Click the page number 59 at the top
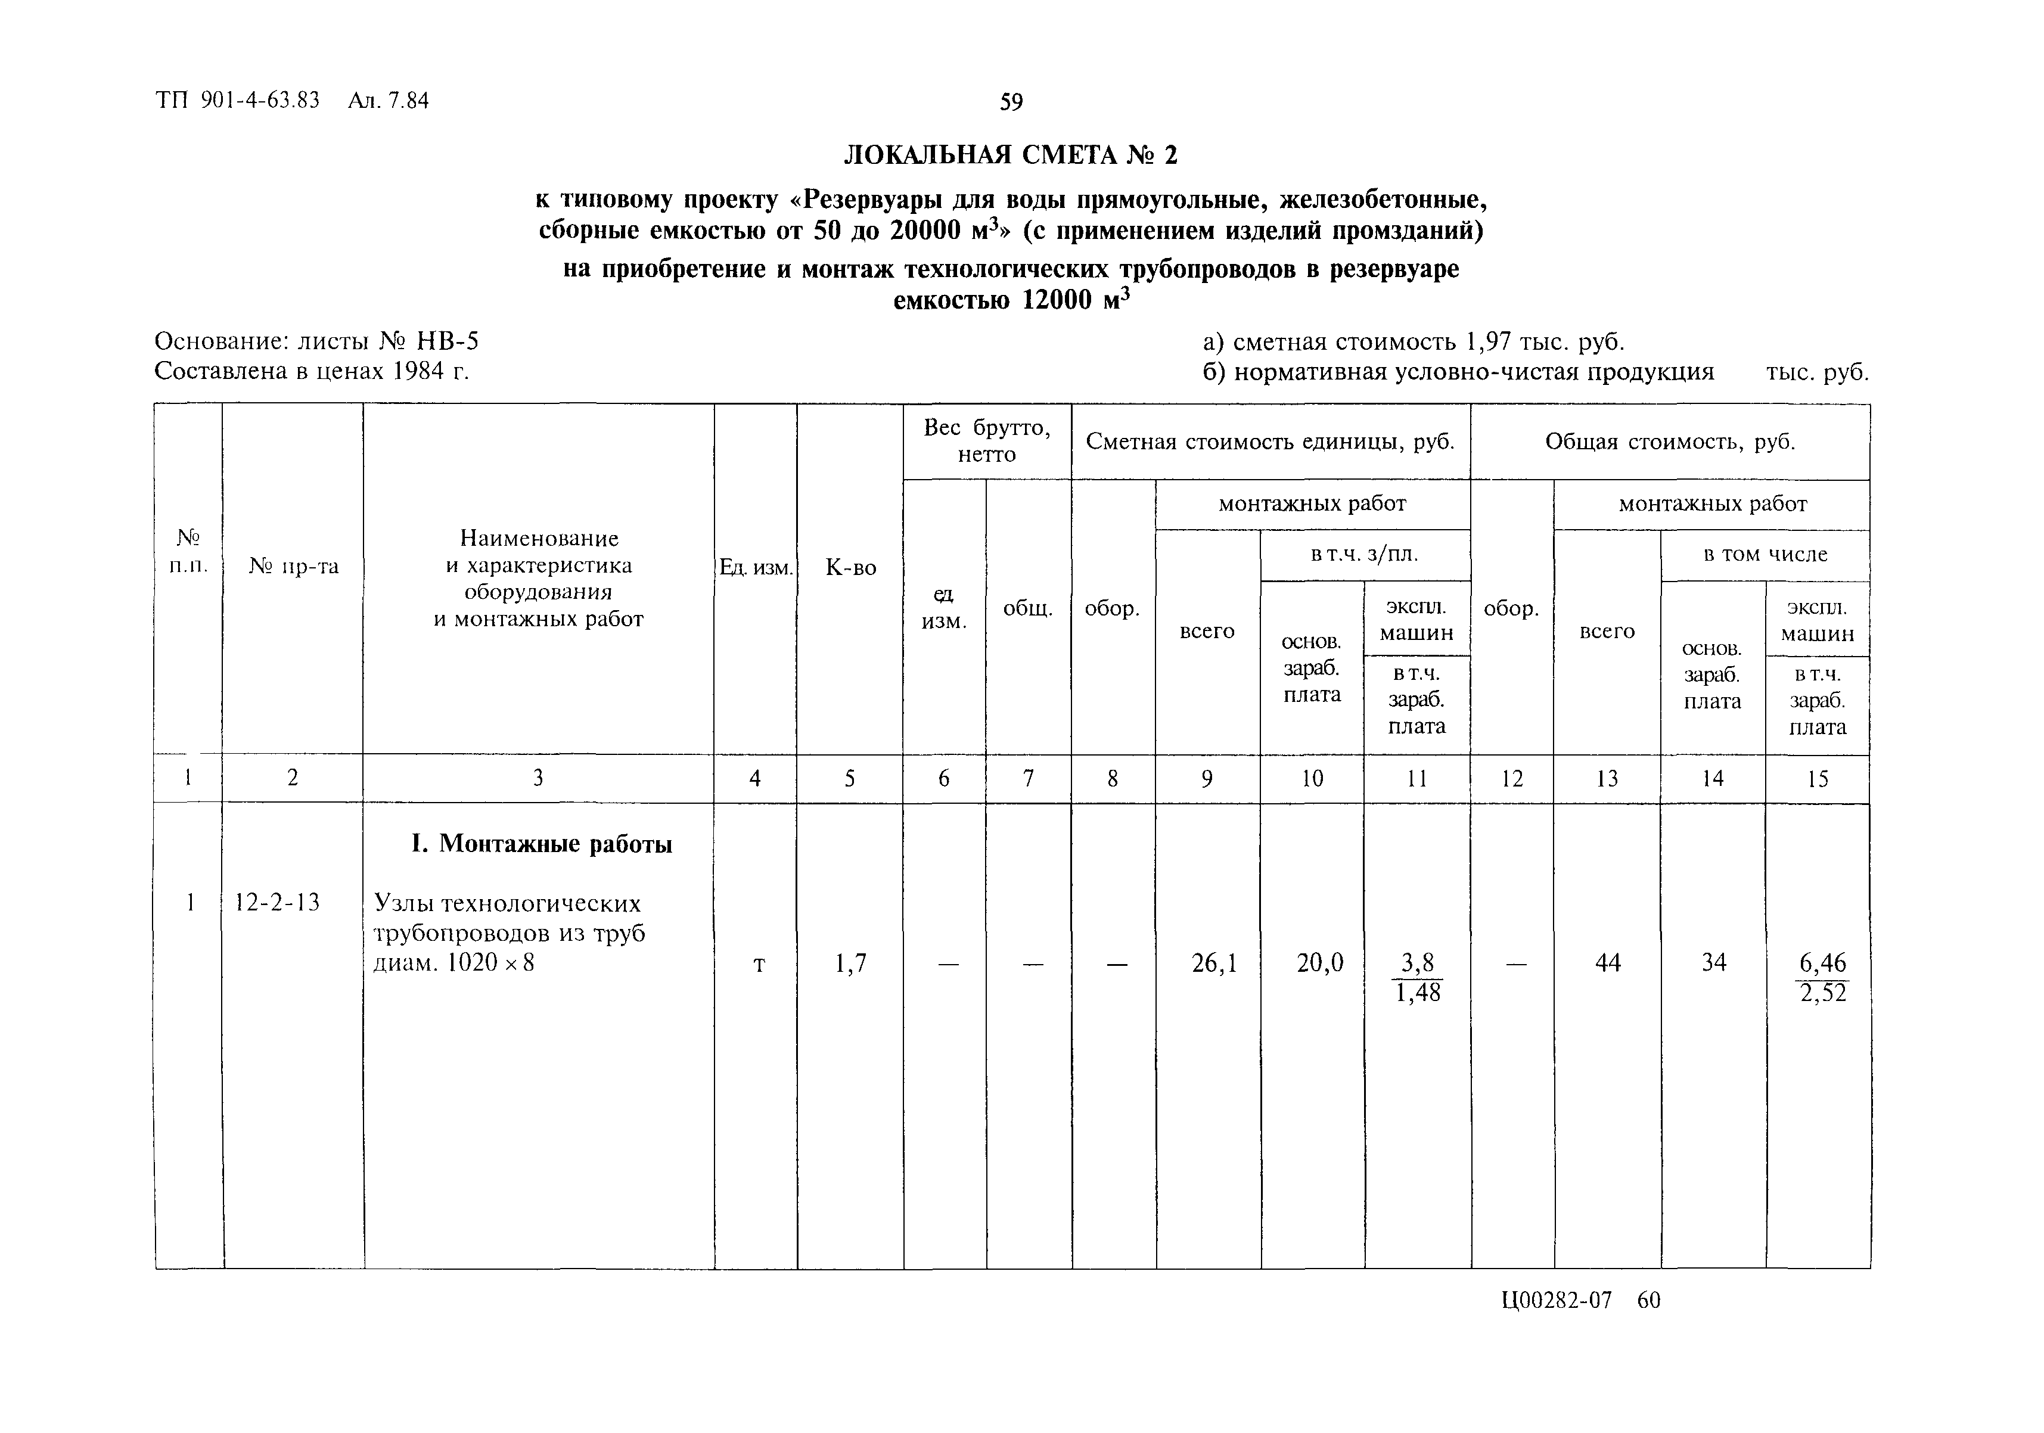coord(1011,102)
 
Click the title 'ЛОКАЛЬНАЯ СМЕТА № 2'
coord(1011,156)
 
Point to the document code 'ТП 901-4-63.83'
coord(238,101)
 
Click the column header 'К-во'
coord(850,568)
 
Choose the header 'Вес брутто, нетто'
coord(986,440)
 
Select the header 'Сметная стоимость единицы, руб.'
coord(1270,442)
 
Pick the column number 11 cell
coord(1416,779)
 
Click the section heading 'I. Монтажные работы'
coord(541,843)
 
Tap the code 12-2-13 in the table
coord(277,903)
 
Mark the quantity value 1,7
coord(850,963)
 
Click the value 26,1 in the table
coord(1214,963)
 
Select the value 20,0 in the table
coord(1319,963)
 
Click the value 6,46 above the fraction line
coord(1822,962)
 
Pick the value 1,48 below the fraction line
coord(1417,993)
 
